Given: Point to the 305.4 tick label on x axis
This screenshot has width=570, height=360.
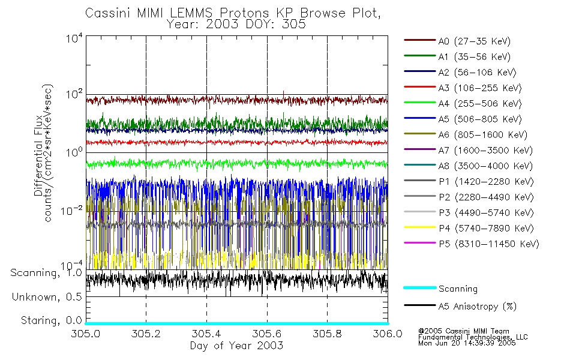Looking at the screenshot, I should pyautogui.click(x=206, y=334).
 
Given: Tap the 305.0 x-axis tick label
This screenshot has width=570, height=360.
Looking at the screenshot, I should pyautogui.click(x=86, y=334).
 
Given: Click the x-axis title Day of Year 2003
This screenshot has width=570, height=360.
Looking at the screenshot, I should pyautogui.click(x=236, y=346).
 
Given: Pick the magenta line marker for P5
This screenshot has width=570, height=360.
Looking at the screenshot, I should pyautogui.click(x=419, y=244).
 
